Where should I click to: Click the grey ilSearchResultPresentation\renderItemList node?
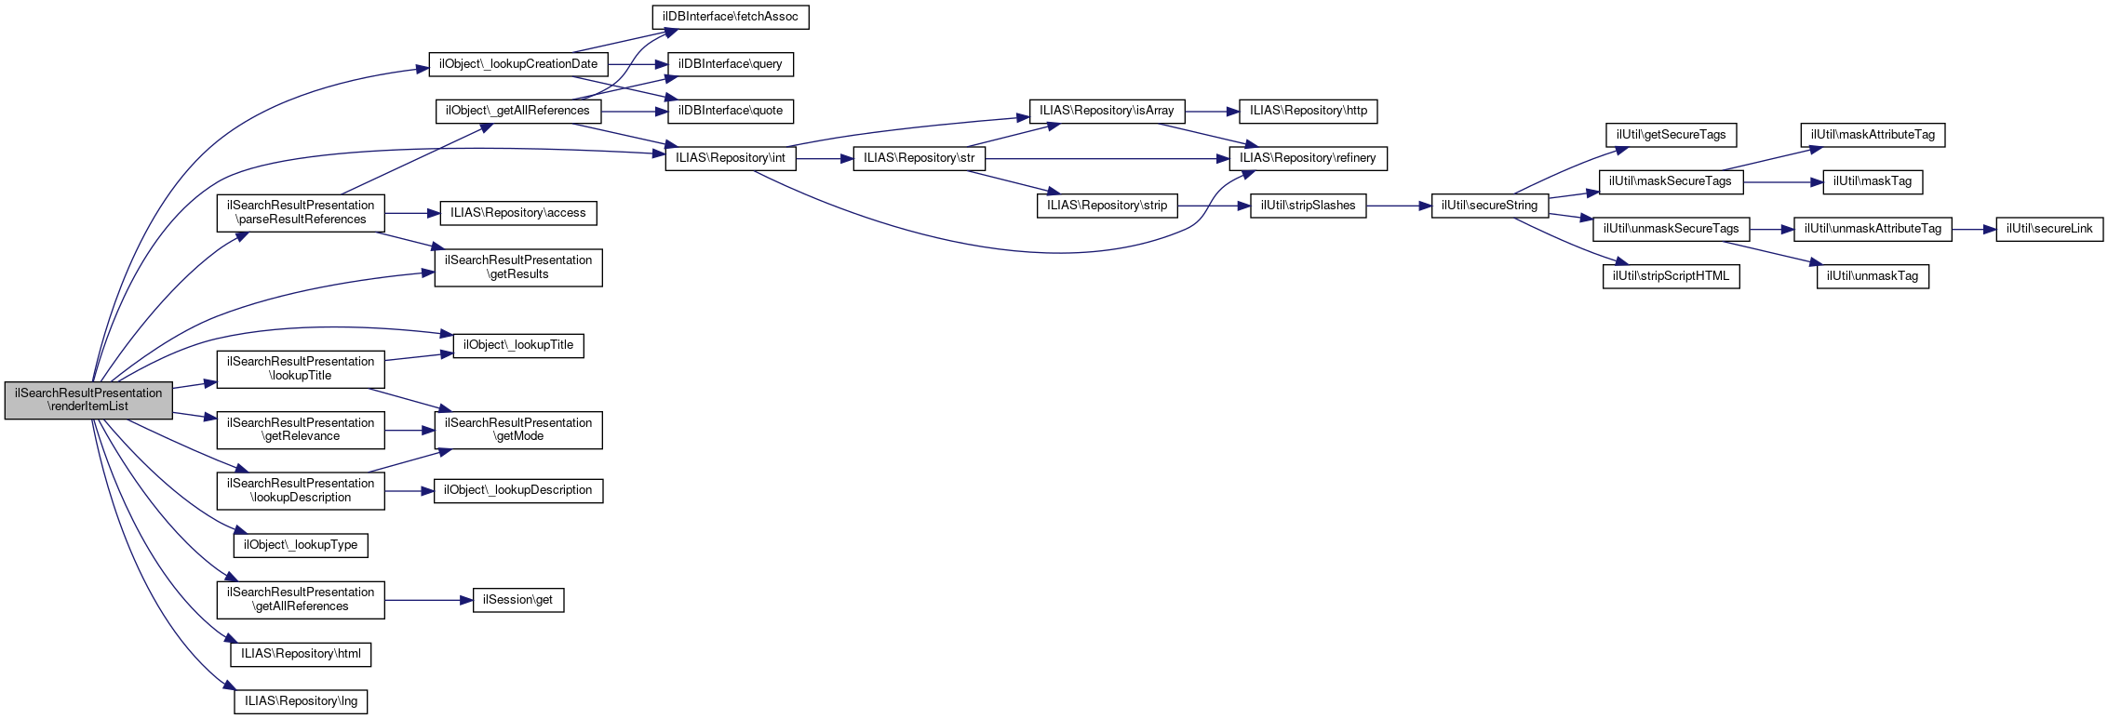coord(88,400)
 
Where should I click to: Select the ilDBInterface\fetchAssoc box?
coord(730,17)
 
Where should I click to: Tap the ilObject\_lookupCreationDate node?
coord(518,64)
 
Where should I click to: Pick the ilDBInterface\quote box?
coord(731,111)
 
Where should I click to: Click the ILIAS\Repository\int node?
coord(731,158)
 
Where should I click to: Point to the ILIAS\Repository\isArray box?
coord(1107,111)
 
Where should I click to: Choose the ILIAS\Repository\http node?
coord(1309,111)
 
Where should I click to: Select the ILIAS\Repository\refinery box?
coord(1308,158)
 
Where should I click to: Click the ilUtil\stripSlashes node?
coord(1308,206)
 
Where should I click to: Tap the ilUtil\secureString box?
coord(1489,206)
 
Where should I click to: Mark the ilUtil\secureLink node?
coord(2048,229)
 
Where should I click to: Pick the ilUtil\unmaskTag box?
coord(1872,276)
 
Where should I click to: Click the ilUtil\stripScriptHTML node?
coord(1671,276)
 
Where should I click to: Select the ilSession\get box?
coord(517,600)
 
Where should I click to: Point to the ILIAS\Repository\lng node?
coord(301,701)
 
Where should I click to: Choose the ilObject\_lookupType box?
coord(301,545)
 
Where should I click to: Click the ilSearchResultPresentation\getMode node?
coord(518,430)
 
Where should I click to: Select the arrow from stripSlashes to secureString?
coord(1398,206)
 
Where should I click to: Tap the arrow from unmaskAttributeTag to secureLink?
coord(1973,229)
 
